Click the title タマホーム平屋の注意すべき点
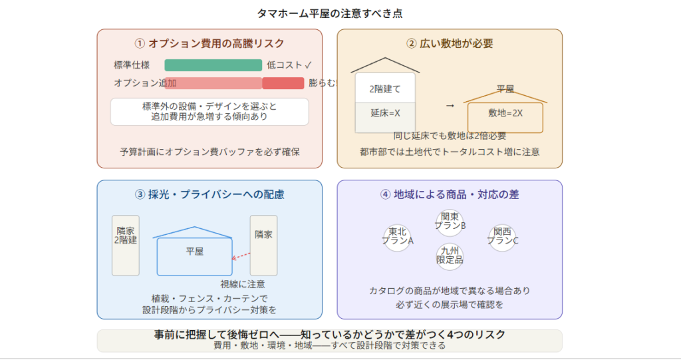coord(329,13)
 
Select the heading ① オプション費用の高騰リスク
coord(209,44)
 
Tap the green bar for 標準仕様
coord(213,65)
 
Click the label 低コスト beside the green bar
coord(285,65)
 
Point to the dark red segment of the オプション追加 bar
coord(283,83)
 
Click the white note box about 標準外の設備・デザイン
coord(209,112)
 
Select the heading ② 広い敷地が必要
coord(450,44)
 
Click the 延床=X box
coord(385,112)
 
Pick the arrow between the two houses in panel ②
coord(450,105)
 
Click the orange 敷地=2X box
coord(505,114)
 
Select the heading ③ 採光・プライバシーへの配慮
coord(209,195)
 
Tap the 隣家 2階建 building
coord(126,244)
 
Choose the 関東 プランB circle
coord(450,221)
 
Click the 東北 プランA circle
coord(397,236)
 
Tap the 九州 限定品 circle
coord(450,256)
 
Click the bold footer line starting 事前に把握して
coord(329,335)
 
